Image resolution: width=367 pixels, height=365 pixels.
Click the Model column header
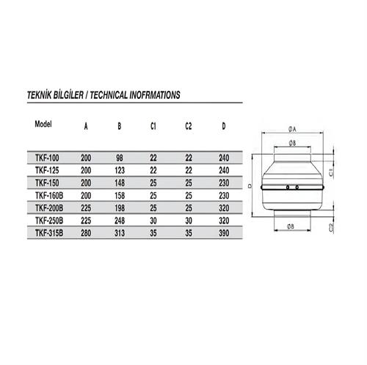point(46,123)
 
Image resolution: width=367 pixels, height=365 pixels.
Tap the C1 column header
point(153,126)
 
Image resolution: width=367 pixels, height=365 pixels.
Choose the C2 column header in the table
point(188,126)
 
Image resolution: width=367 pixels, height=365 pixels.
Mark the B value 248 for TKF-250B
point(120,220)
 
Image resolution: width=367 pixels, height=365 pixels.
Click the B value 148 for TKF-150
point(120,182)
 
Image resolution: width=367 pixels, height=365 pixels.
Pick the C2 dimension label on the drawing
point(333,228)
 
